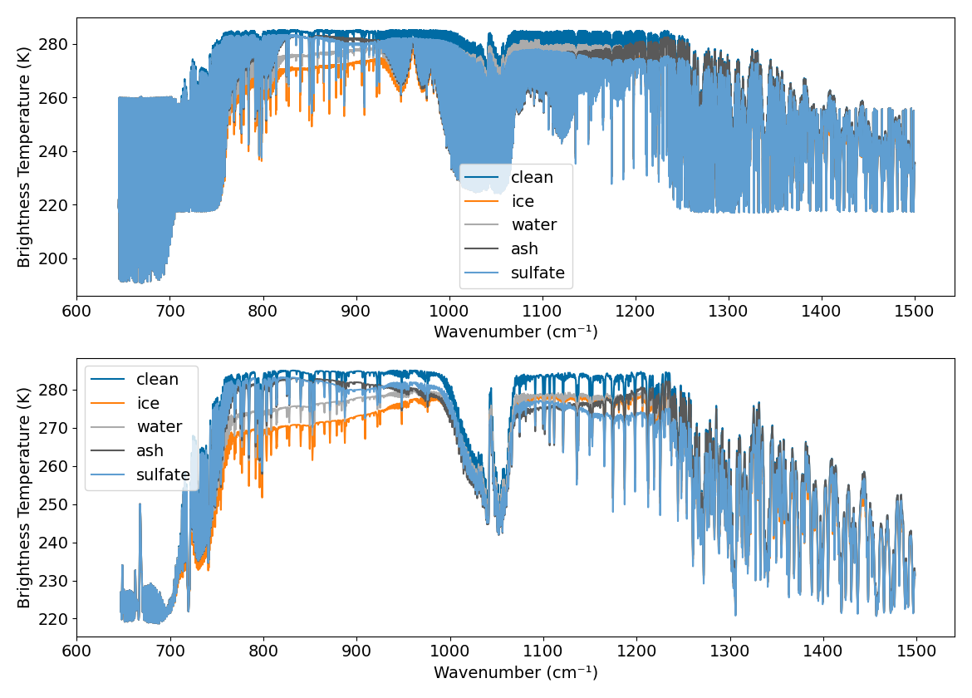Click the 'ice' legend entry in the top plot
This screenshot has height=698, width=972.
pyautogui.click(x=522, y=201)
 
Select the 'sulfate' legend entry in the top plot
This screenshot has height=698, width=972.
pyautogui.click(x=538, y=273)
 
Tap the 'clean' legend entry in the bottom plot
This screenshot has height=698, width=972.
pyautogui.click(x=157, y=379)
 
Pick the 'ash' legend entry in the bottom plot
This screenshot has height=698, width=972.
pyautogui.click(x=150, y=451)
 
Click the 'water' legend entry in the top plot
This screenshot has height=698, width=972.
pyautogui.click(x=533, y=225)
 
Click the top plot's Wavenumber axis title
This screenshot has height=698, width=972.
pyautogui.click(x=515, y=332)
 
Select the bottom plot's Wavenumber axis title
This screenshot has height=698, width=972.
pyautogui.click(x=515, y=672)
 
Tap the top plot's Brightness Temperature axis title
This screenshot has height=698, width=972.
pyautogui.click(x=24, y=156)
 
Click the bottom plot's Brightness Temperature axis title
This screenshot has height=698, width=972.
pyautogui.click(x=24, y=497)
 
